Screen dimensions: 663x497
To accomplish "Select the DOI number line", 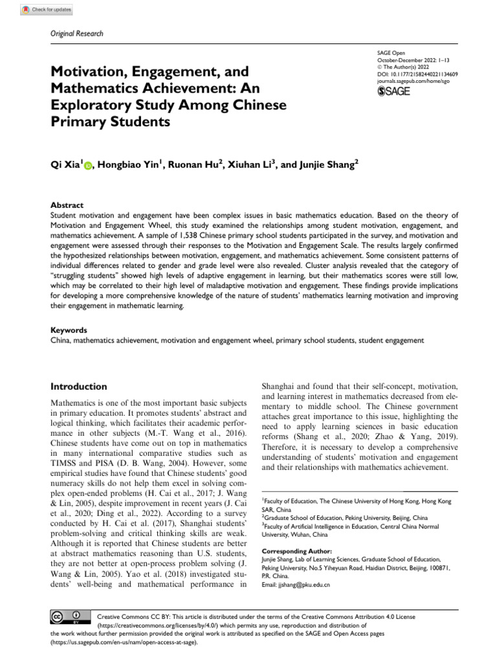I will (x=417, y=74).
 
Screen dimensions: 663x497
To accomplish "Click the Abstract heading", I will (x=67, y=205).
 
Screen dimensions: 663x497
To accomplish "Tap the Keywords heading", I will (x=69, y=330).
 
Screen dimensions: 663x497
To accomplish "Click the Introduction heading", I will (x=79, y=387).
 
